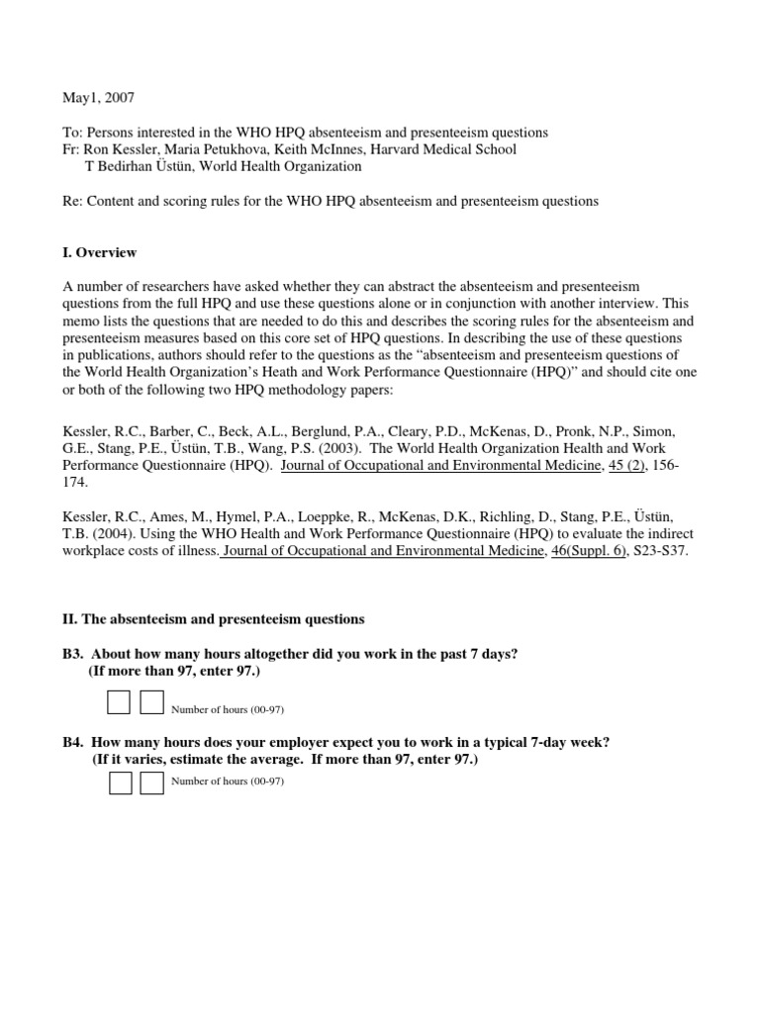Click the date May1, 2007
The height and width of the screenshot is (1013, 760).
click(98, 98)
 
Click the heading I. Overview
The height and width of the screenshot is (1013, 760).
click(99, 252)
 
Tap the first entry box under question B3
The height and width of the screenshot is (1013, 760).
click(118, 702)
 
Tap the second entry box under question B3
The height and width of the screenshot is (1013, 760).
click(151, 702)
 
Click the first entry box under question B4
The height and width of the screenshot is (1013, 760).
click(120, 783)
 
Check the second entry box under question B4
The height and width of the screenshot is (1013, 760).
click(152, 783)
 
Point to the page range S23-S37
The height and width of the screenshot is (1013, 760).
click(660, 551)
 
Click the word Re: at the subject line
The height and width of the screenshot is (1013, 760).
click(72, 201)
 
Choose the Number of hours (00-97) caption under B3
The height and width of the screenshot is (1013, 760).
click(228, 709)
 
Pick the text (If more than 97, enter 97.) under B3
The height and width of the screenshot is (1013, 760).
click(175, 672)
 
